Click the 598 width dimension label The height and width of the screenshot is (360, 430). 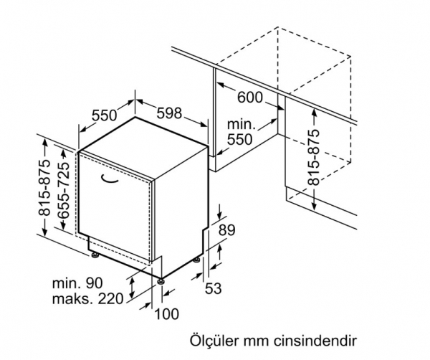(x=169, y=113)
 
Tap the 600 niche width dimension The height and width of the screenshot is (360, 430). (x=250, y=98)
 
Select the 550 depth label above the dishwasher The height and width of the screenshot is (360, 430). (x=104, y=115)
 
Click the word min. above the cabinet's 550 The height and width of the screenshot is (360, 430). (x=242, y=125)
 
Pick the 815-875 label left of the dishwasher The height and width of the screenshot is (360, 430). (x=44, y=188)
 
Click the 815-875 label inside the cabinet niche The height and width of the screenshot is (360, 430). (x=314, y=158)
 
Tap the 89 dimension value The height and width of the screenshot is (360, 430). (x=226, y=230)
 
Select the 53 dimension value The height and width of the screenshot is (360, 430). (x=213, y=288)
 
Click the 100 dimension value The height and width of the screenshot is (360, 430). (x=167, y=314)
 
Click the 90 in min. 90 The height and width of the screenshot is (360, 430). (x=94, y=283)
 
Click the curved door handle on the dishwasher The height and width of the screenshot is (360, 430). (x=110, y=179)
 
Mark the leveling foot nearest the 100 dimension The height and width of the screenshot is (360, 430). (x=161, y=282)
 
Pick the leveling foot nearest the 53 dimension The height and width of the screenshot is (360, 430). (x=197, y=260)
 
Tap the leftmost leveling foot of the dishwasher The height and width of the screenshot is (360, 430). (x=95, y=255)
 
